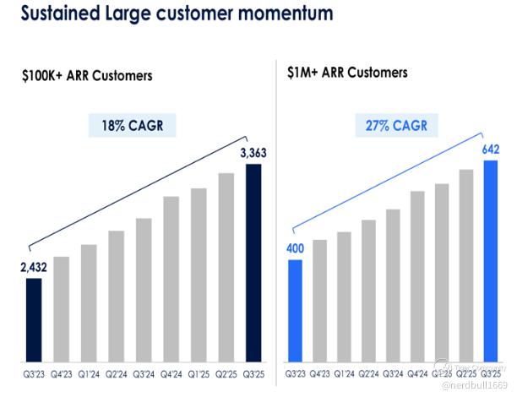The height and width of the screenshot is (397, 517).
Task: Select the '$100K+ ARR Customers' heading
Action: pos(87,76)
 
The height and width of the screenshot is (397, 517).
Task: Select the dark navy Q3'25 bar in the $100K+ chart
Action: pos(253,262)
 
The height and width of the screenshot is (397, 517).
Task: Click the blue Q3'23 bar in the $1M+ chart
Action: pos(295,310)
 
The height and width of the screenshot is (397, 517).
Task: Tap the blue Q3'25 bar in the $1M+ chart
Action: pos(490,259)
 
